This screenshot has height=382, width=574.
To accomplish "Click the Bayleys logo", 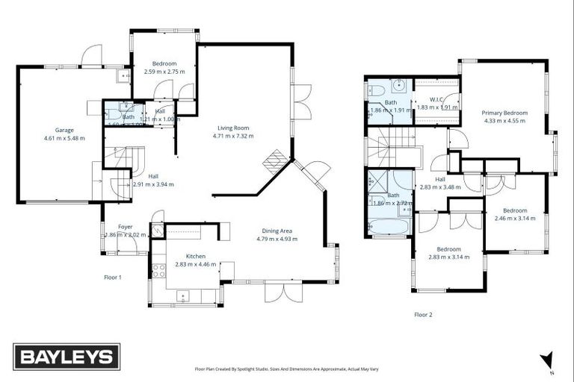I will click(x=67, y=357).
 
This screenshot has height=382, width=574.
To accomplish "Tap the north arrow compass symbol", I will click(x=549, y=362).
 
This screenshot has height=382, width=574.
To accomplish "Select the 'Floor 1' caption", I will click(x=113, y=277).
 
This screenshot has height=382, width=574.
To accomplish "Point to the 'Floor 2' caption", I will click(x=423, y=315).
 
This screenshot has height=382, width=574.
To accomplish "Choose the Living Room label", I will click(x=233, y=128).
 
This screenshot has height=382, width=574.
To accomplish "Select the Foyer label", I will click(x=126, y=227).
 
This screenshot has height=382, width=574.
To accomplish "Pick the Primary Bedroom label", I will click(x=505, y=113).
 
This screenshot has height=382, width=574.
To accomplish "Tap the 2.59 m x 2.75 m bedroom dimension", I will click(x=164, y=72).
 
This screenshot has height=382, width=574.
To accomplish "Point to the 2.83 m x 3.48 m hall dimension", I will click(x=441, y=187).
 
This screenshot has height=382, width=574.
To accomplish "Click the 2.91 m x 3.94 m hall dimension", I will click(x=153, y=184).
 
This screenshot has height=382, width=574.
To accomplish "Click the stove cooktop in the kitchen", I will click(x=158, y=270).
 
